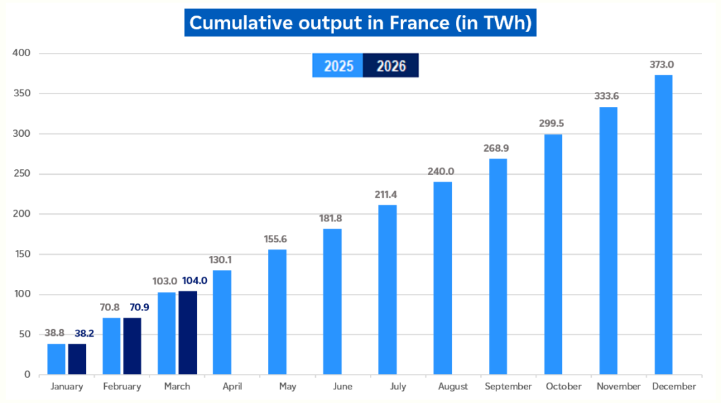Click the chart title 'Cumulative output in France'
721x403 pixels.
click(x=360, y=22)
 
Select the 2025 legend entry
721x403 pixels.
click(x=338, y=66)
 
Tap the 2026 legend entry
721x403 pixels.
click(x=391, y=66)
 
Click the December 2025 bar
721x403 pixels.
click(x=664, y=224)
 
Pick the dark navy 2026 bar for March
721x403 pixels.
click(x=188, y=333)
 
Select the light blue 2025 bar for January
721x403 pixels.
click(x=56, y=359)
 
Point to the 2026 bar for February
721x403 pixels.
click(x=133, y=346)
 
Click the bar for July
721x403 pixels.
click(x=388, y=289)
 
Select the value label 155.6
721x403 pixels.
click(x=276, y=239)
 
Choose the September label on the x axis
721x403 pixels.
click(x=508, y=386)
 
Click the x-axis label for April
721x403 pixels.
click(x=233, y=386)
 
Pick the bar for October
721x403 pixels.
click(x=553, y=254)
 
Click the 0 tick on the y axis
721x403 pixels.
click(x=26, y=375)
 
